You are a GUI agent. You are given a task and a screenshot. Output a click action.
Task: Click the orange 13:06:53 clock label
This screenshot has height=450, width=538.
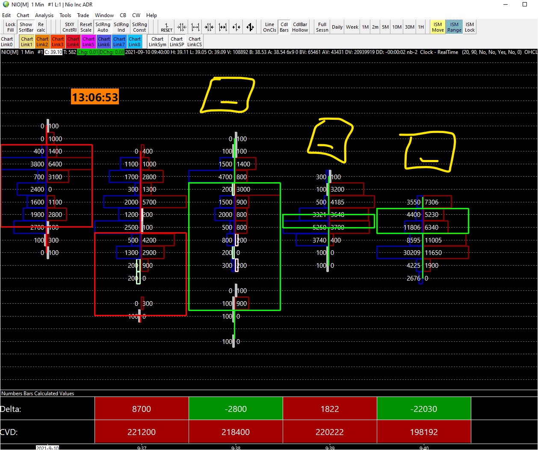[x=95, y=97]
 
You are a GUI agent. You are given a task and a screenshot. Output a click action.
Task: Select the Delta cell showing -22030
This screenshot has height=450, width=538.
[x=424, y=409]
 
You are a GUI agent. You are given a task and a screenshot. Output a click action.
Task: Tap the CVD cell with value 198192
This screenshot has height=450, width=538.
[x=424, y=432]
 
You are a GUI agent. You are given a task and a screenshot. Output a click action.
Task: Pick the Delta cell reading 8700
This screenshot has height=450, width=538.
[x=142, y=409]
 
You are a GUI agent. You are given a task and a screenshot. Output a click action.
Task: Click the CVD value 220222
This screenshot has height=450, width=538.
[x=330, y=432]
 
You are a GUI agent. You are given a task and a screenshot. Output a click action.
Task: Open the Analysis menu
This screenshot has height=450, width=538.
[x=44, y=15]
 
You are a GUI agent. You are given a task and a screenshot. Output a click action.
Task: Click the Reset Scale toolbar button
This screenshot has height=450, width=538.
[x=86, y=27]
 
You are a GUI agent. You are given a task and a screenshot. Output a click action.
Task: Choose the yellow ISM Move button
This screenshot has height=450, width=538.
[x=437, y=27]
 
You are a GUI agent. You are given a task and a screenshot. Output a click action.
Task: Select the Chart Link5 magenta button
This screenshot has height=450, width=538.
[x=89, y=41]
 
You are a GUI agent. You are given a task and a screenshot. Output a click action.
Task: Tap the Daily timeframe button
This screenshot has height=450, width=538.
[x=337, y=27]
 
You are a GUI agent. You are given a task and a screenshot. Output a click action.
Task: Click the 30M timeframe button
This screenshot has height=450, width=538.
[x=409, y=27]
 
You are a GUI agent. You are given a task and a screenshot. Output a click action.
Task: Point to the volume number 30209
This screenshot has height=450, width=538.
[x=412, y=253]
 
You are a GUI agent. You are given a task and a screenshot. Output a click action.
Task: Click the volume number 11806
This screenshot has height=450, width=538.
[x=412, y=228]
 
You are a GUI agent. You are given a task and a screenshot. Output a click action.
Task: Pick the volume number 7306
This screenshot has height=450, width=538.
[x=432, y=202]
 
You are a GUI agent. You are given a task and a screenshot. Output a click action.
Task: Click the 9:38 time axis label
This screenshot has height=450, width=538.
[x=236, y=447]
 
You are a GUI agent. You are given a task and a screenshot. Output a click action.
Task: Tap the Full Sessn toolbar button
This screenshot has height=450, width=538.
[x=322, y=27]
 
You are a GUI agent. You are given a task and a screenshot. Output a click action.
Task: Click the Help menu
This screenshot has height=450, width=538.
[x=151, y=15]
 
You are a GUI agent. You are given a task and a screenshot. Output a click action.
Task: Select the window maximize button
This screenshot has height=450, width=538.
[x=525, y=5]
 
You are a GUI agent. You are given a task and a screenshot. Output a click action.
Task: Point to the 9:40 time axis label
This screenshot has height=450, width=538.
[x=424, y=447]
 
